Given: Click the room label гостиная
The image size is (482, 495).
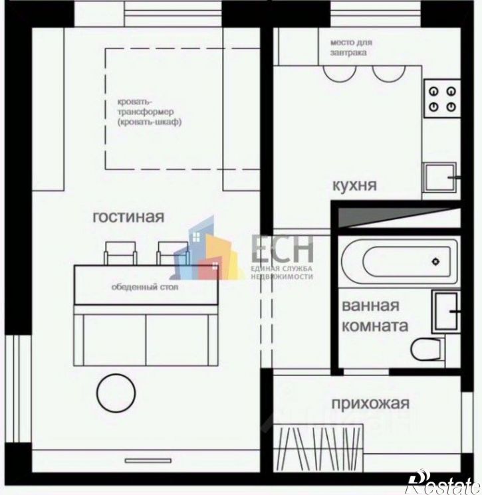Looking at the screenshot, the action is point(128,217).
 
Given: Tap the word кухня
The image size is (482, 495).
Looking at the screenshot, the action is point(354,185).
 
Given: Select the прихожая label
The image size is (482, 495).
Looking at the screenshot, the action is point(370,403).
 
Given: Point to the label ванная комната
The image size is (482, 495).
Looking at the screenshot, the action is point(375,316).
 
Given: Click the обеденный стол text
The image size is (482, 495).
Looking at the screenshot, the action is point(145,287).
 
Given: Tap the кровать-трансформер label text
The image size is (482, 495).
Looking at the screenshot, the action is point(150,112).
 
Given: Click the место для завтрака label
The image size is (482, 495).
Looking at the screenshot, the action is point(351,47).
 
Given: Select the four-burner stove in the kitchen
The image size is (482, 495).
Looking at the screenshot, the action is point(442,98).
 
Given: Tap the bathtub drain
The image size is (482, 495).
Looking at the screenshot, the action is point(436,262).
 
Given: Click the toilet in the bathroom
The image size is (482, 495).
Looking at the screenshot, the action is point(427,349).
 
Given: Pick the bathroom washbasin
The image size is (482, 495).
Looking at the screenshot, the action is point(445,311).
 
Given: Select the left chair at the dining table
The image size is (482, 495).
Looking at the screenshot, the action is point(120,253).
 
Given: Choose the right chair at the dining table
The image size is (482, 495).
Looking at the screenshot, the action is point(173,253).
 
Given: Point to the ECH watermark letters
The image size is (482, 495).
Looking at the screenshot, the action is point(283,248).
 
